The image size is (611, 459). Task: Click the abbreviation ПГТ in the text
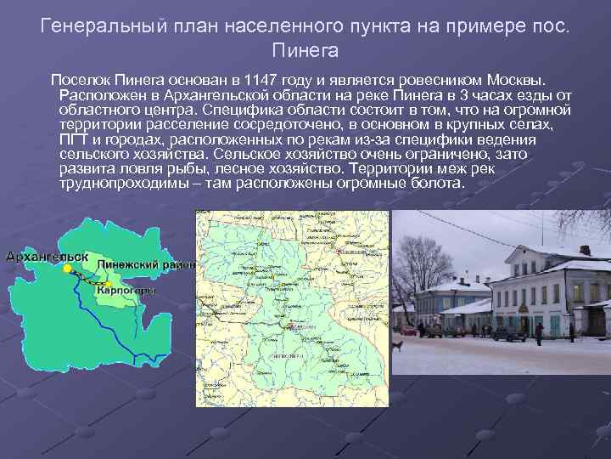point(75,139)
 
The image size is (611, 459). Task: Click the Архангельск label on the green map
point(48,256)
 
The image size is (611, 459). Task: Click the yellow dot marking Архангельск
point(66,269)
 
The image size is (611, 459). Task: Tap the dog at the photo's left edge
point(397,346)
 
